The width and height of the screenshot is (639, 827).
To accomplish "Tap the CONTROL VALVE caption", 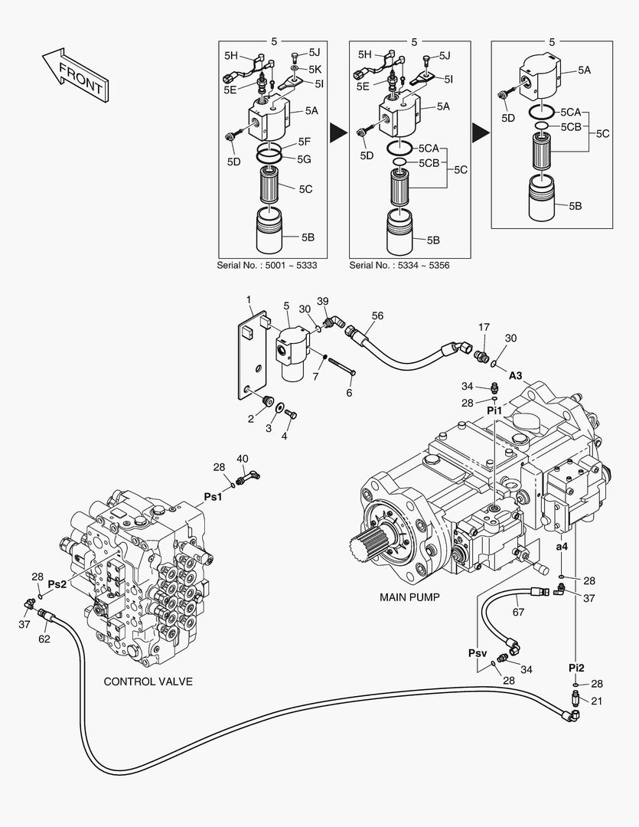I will tap(148, 681).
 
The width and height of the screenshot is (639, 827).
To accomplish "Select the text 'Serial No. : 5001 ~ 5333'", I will tap(268, 265).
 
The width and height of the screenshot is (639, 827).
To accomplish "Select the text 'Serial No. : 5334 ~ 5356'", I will tap(399, 265).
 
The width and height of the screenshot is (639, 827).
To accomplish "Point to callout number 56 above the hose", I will tap(377, 315).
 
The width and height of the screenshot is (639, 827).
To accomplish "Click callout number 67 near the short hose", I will tap(518, 611).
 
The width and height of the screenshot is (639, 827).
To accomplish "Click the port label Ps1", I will tap(213, 496).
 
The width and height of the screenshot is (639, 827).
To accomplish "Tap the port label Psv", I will tap(478, 653).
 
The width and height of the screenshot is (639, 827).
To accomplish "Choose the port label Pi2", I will tap(576, 668).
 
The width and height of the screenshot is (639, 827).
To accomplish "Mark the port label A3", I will tap(516, 376).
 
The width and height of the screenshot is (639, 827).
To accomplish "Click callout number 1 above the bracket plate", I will tap(248, 298).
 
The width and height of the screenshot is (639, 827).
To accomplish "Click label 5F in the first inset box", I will tap(304, 142).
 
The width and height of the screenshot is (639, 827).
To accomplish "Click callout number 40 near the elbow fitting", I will tap(242, 459).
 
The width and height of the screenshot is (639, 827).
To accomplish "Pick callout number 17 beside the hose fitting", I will tap(484, 327).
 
